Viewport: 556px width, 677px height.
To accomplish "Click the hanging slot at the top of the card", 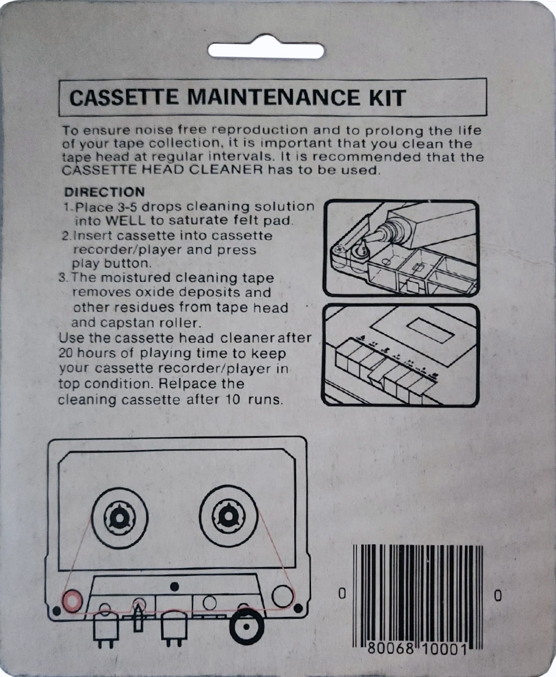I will [266, 50].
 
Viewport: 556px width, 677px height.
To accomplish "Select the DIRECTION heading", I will [104, 192].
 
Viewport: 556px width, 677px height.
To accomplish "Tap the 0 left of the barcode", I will [342, 594].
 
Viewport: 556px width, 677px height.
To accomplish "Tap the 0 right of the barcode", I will [497, 595].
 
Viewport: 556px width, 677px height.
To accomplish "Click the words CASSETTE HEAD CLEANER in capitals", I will [162, 170].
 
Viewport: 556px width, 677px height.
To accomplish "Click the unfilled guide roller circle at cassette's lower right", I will [283, 595].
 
